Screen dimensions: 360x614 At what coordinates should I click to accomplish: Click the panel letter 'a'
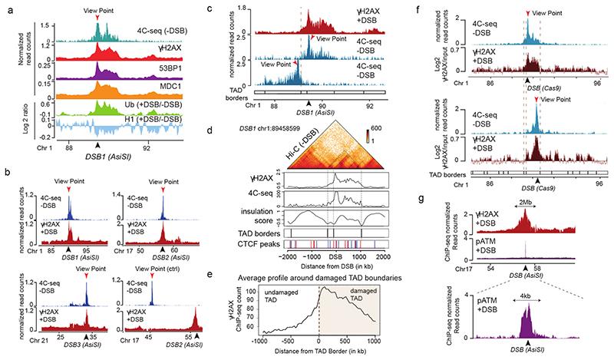5,6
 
